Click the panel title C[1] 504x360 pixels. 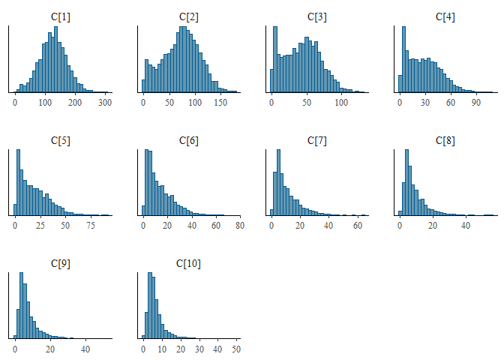click(60, 16)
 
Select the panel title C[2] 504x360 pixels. click(188, 16)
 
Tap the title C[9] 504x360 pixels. click(60, 263)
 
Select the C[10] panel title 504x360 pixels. click(188, 263)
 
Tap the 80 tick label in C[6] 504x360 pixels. click(239, 226)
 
